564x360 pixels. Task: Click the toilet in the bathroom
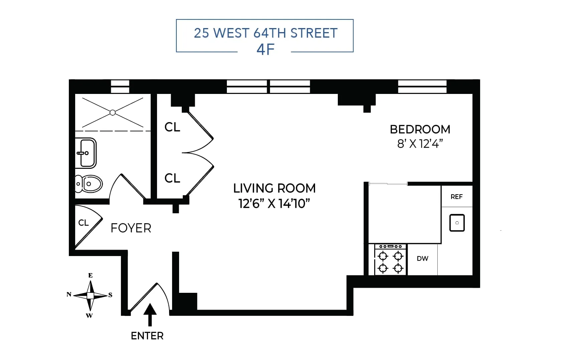[x=89, y=184]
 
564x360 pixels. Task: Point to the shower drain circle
[x=113, y=113]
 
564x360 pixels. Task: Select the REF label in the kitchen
[x=456, y=197]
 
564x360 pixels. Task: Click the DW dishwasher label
[x=422, y=258]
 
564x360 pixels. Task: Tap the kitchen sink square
[x=457, y=223]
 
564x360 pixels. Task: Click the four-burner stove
[x=390, y=260]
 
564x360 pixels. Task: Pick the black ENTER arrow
[x=150, y=314]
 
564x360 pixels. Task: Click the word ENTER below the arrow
[x=147, y=336]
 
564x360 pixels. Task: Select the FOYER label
[x=131, y=228]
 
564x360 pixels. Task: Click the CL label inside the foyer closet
[x=83, y=223]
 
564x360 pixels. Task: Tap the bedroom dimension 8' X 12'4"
[x=420, y=144]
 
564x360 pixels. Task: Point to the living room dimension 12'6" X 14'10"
[x=274, y=203]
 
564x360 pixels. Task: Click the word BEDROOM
[x=420, y=129]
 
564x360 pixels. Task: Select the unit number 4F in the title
[x=265, y=49]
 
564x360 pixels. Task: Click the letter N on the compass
[x=69, y=294]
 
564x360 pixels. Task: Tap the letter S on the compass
[x=110, y=295]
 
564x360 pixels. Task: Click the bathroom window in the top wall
[x=120, y=87]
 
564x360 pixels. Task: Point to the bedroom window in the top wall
[x=422, y=87]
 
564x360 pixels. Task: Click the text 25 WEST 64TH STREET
[x=266, y=33]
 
